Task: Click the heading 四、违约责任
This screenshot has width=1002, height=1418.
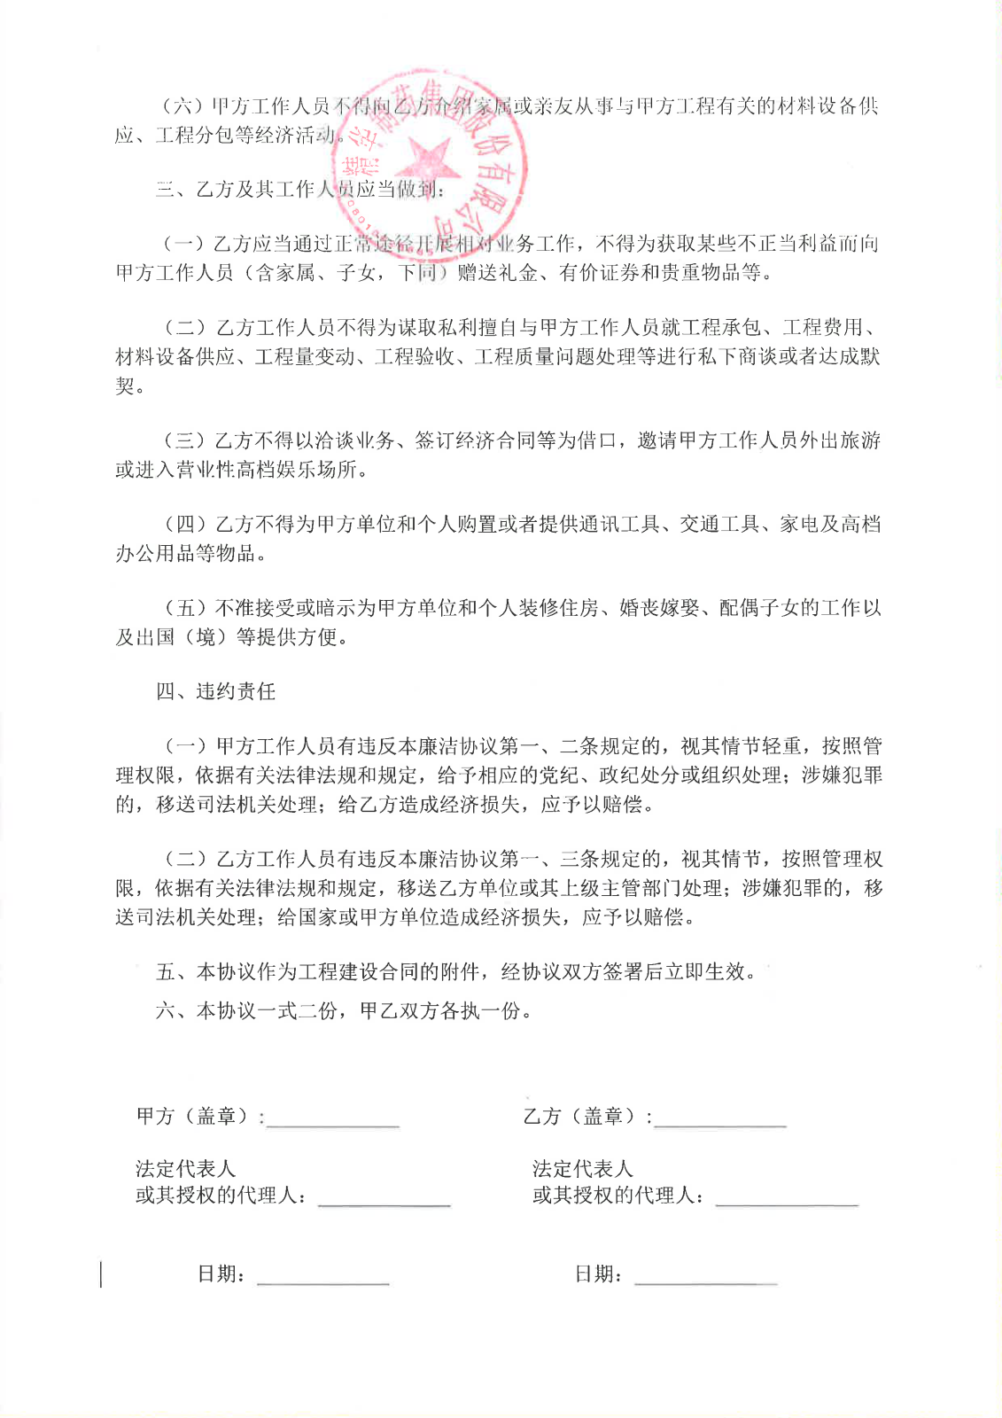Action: coord(215,691)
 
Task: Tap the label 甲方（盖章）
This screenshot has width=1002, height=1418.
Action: coord(199,1116)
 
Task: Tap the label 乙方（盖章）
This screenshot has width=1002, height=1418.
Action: coord(586,1116)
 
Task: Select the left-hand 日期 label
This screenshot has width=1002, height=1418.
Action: coord(221,1274)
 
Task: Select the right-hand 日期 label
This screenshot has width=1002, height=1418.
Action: coord(598,1274)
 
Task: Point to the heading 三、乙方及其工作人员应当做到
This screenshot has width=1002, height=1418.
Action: coord(301,189)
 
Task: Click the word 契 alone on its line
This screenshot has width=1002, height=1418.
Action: coord(125,386)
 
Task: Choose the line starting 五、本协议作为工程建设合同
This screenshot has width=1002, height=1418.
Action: coord(456,971)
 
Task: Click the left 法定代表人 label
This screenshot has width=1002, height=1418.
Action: coord(185,1168)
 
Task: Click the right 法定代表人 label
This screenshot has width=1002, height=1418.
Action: coord(582,1168)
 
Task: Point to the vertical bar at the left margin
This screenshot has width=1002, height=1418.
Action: coord(100,1274)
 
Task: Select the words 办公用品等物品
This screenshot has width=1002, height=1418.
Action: coord(190,553)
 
